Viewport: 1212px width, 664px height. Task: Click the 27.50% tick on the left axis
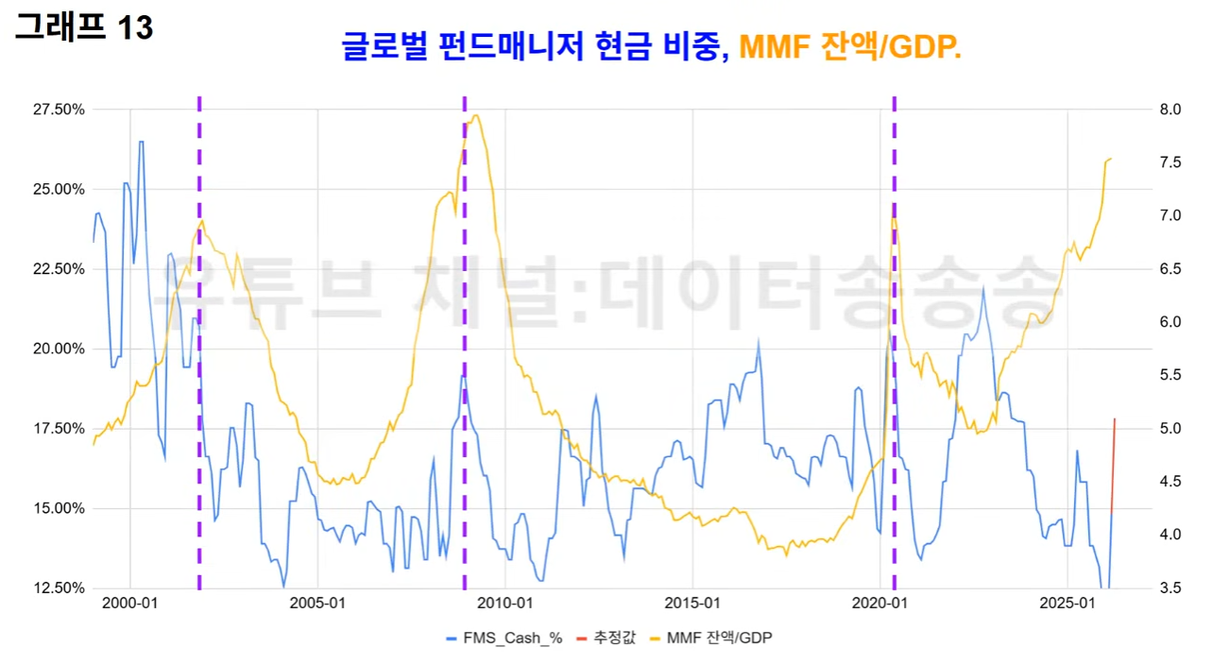[59, 110]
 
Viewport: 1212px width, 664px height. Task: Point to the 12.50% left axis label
[59, 588]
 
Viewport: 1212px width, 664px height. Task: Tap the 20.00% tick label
[59, 349]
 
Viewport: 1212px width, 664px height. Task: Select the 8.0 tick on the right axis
[1170, 110]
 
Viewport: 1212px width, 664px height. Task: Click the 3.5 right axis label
[1170, 588]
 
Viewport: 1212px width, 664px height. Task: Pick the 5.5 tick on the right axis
[1170, 376]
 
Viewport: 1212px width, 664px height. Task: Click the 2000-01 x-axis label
[129, 604]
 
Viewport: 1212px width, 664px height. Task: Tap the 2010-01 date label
[504, 604]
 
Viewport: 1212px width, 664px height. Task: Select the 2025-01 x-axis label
[1067, 604]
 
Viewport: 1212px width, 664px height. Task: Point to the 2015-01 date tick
[692, 604]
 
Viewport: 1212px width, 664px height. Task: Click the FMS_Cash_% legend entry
[504, 638]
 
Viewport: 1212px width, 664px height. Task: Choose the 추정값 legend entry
[606, 638]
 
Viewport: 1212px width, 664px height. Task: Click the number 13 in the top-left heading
[136, 27]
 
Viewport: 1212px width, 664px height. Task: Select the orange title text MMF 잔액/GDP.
[850, 46]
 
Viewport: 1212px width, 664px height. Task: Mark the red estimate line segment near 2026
[1113, 467]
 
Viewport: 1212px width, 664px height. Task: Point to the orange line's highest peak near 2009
[475, 115]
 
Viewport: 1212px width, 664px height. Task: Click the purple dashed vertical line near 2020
[895, 343]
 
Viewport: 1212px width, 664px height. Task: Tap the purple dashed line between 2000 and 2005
[199, 343]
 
